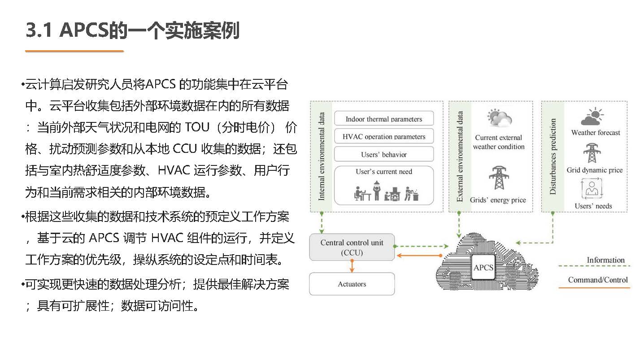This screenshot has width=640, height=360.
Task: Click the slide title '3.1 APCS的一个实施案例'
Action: pyautogui.click(x=133, y=30)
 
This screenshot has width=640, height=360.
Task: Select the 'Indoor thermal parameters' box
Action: pyautogui.click(x=384, y=118)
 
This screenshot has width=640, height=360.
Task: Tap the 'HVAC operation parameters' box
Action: pyautogui.click(x=384, y=136)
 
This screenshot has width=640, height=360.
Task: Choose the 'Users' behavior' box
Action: pyautogui.click(x=384, y=154)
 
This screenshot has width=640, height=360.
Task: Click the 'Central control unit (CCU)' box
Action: pyautogui.click(x=352, y=247)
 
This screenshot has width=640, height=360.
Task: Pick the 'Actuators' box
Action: pyautogui.click(x=352, y=284)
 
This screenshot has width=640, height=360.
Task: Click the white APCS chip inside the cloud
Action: pyautogui.click(x=483, y=268)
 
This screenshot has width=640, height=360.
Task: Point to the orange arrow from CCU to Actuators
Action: pyautogui.click(x=352, y=266)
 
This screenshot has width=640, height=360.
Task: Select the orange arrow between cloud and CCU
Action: pyautogui.click(x=420, y=256)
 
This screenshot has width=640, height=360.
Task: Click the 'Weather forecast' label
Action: pyautogui.click(x=596, y=133)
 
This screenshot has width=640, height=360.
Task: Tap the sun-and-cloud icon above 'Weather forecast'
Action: pyautogui.click(x=592, y=117)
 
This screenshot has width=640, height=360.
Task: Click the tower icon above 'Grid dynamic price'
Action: pyautogui.click(x=592, y=153)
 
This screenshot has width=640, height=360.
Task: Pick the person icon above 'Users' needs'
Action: pyautogui.click(x=592, y=188)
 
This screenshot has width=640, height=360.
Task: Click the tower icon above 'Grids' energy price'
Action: pyautogui.click(x=499, y=178)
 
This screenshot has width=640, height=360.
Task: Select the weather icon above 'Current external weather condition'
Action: pyautogui.click(x=499, y=118)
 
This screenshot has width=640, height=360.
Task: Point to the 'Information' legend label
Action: pyautogui.click(x=606, y=260)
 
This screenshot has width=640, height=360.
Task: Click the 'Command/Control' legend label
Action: pyautogui.click(x=598, y=280)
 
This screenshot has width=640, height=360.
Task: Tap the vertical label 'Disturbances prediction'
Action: pyautogui.click(x=553, y=156)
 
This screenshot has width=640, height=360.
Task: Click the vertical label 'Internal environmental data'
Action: pyautogui.click(x=322, y=156)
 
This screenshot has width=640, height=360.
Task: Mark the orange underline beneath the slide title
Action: pyautogui.click(x=74, y=51)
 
